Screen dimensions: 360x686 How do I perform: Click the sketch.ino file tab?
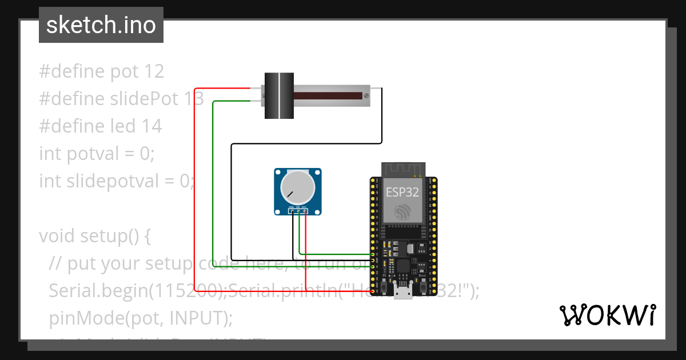pyautogui.click(x=101, y=25)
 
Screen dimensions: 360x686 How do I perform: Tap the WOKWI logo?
pyautogui.click(x=607, y=315)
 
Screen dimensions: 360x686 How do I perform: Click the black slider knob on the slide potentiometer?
pyautogui.click(x=279, y=96)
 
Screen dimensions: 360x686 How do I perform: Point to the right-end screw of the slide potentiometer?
pyautogui.click(x=365, y=96)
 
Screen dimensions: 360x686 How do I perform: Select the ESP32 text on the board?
pyautogui.click(x=402, y=191)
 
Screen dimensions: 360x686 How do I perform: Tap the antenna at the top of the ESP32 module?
pyautogui.click(x=403, y=169)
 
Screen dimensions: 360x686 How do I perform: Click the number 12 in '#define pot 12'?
pyautogui.click(x=154, y=71)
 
